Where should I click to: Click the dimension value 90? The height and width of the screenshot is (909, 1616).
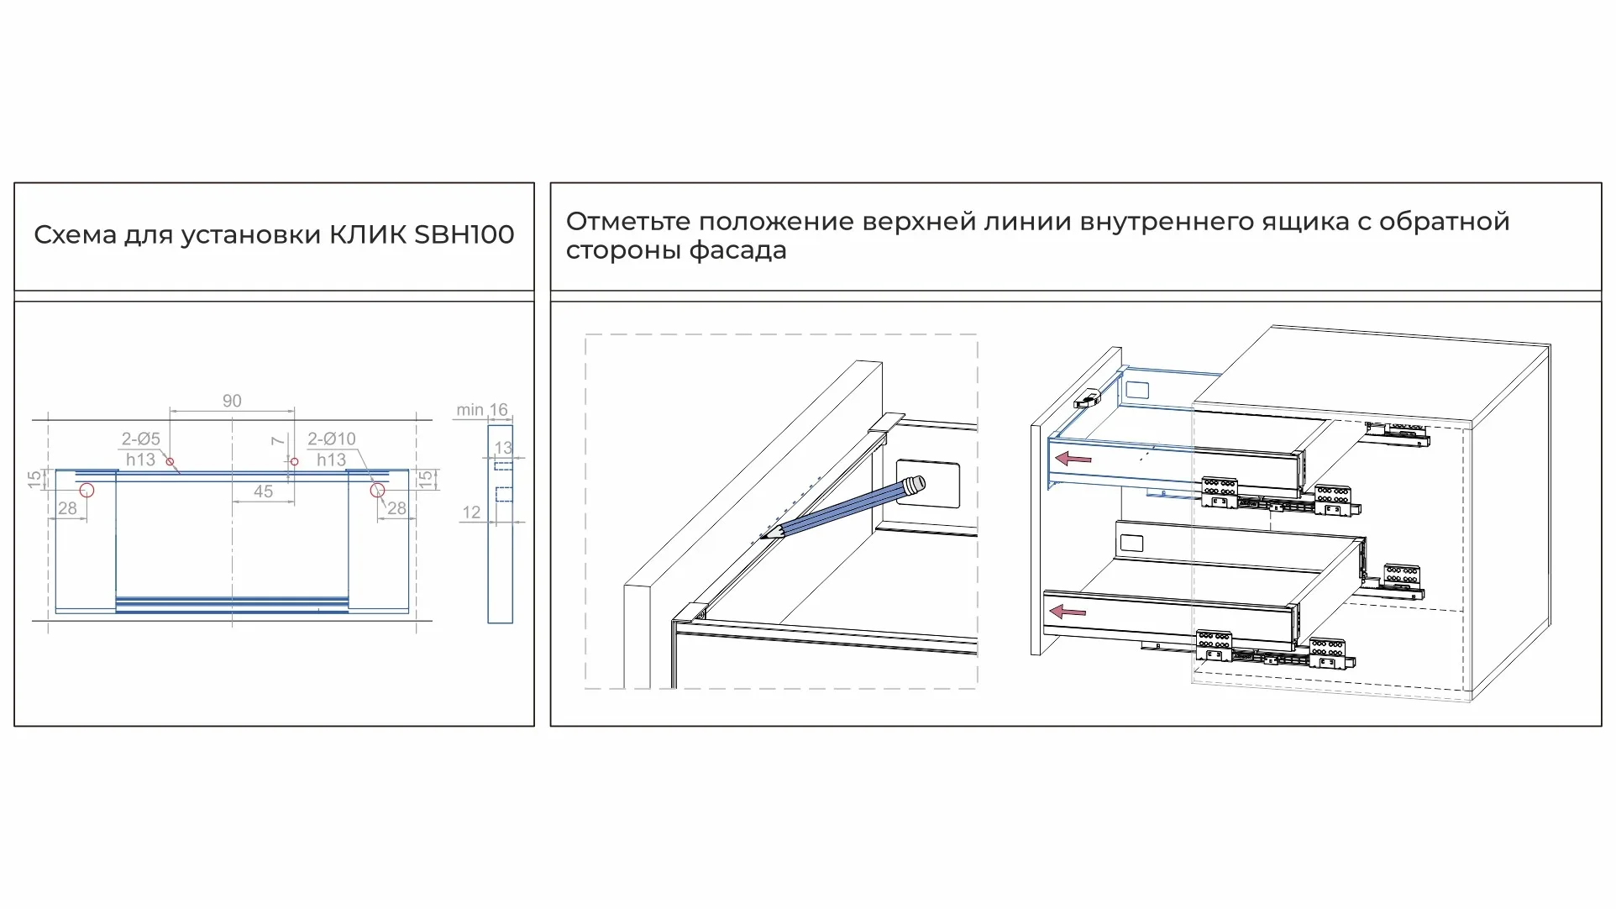tap(232, 402)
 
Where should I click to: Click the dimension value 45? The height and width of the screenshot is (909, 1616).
tap(263, 491)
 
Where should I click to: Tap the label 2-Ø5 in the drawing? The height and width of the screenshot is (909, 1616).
tap(140, 439)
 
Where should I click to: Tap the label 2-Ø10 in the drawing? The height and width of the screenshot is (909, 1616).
tap(331, 439)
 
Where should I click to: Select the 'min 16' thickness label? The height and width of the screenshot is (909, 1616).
tap(481, 410)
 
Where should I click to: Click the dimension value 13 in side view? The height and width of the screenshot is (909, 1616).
tap(502, 448)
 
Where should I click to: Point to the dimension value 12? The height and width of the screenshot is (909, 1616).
tap(471, 512)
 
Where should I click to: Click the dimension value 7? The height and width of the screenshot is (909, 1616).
tap(278, 441)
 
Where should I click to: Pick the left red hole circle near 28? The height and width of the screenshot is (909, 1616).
tap(87, 491)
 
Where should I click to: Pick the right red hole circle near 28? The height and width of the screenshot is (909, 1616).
tap(377, 491)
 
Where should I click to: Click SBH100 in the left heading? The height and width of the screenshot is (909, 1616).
tap(464, 234)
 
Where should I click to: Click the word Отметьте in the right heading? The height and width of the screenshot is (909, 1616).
tap(627, 222)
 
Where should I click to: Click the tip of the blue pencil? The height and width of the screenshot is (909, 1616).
tap(763, 535)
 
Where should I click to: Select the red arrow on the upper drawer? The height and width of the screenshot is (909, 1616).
tap(1073, 459)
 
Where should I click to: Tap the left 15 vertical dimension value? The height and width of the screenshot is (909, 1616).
tap(34, 480)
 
